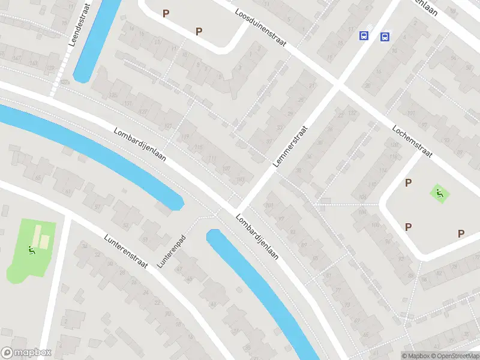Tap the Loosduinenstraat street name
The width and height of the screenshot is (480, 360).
(261, 29)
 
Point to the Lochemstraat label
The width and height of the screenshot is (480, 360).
(412, 141)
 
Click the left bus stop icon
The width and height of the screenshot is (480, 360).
(364, 36)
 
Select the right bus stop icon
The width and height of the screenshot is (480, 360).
(384, 37)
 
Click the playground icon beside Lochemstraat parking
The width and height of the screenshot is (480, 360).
(440, 193)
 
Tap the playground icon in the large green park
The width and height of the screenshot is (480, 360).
(31, 250)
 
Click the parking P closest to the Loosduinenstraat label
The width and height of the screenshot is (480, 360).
(199, 31)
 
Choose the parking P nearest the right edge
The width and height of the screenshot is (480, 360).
(461, 233)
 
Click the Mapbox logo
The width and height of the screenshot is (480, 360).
(27, 353)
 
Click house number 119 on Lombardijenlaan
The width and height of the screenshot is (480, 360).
(185, 137)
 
